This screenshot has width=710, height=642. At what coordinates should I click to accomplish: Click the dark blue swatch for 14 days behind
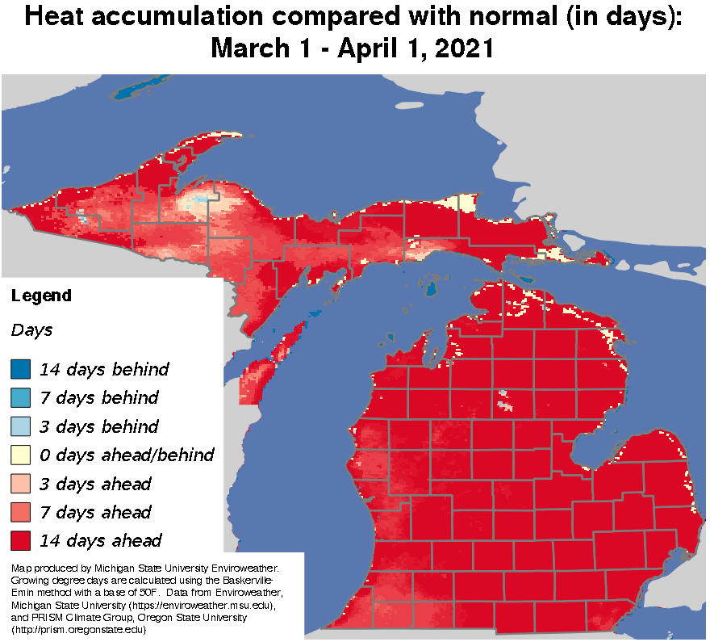(x=20, y=370)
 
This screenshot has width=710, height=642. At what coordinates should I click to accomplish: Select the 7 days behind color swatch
(x=20, y=398)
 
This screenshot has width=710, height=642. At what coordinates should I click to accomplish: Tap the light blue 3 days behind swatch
(x=20, y=426)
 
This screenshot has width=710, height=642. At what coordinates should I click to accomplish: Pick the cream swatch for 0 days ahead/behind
(x=20, y=455)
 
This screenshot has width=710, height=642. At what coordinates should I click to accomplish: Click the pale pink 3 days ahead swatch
(x=20, y=484)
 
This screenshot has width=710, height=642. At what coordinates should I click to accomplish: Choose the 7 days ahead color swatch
(x=20, y=512)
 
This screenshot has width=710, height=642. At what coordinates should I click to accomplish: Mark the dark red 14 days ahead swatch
(x=20, y=540)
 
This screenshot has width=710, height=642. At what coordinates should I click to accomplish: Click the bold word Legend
(x=41, y=296)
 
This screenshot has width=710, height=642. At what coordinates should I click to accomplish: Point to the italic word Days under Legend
(x=31, y=330)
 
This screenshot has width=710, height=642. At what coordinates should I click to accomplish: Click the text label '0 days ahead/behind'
(x=127, y=455)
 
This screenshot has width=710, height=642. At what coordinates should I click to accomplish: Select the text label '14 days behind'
(x=104, y=370)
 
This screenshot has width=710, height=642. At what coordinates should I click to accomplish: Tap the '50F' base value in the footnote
(x=137, y=593)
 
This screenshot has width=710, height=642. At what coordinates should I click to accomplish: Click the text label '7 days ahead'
(x=95, y=512)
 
